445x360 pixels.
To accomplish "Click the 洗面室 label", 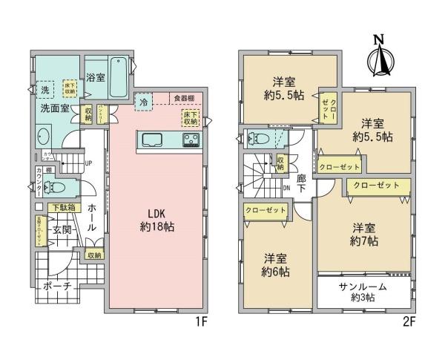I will click(x=54, y=108).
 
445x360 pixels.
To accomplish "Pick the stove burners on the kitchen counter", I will click(x=189, y=140).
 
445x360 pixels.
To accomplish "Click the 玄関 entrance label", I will click(x=62, y=231).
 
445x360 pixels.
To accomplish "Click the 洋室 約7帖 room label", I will click(x=364, y=235).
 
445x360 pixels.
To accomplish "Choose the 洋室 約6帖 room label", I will click(x=277, y=264).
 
